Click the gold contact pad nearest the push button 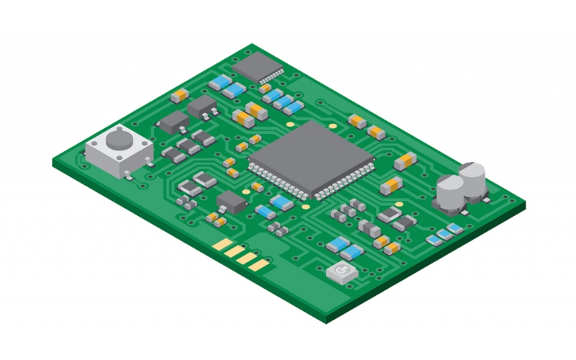point(220,244)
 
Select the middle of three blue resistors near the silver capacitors point(444,233)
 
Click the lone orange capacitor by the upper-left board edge point(179,94)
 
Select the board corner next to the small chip point(253,45)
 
